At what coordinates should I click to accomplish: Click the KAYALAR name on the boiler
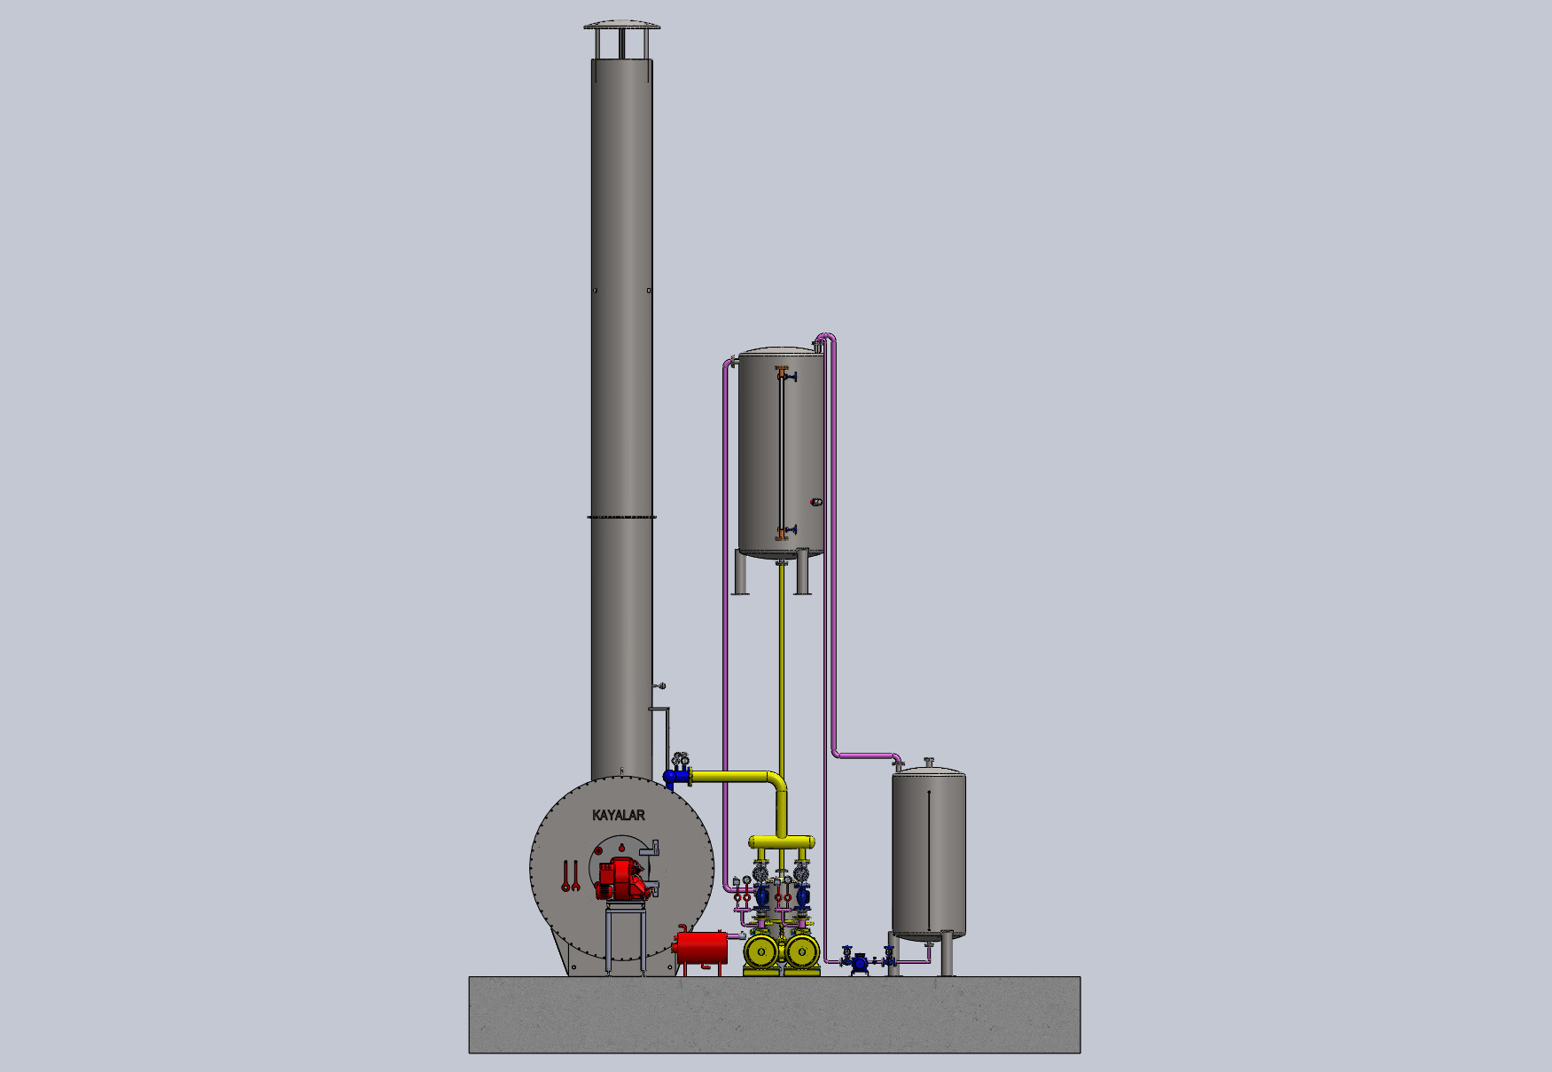tap(618, 815)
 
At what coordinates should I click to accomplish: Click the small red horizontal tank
tap(701, 948)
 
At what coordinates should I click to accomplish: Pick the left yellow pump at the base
tap(760, 952)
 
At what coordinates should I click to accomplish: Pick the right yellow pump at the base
tap(802, 952)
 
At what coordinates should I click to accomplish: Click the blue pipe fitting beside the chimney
tap(676, 778)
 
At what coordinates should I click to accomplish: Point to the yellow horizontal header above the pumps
tap(782, 841)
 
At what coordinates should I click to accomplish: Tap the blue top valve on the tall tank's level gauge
tap(787, 377)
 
